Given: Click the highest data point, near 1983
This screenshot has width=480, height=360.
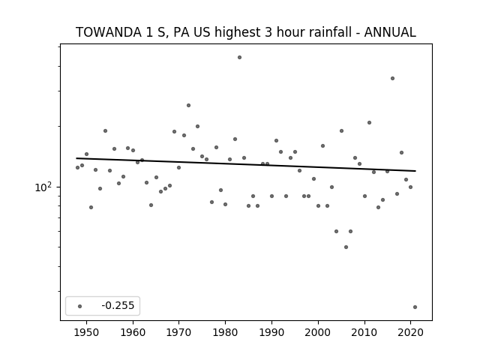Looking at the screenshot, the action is (239, 57).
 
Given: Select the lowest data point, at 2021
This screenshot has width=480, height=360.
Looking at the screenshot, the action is (415, 307).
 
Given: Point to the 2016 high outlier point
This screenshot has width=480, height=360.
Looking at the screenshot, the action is (392, 78).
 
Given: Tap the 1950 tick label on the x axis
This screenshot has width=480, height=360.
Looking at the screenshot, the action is (87, 332).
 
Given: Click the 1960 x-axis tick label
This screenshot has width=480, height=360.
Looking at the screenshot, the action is (133, 332).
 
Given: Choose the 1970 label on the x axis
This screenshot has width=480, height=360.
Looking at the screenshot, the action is (179, 332).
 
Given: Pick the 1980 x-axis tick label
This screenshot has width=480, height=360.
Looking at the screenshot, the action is (226, 332).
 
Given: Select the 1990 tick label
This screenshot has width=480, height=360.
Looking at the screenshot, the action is (271, 332).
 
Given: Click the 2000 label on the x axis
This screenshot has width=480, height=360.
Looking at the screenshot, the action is (318, 332).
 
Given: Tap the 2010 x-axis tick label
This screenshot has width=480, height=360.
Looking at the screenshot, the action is (364, 332).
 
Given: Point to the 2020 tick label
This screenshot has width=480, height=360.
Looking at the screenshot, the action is (410, 332).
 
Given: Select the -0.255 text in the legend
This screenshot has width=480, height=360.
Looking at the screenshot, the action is (118, 305).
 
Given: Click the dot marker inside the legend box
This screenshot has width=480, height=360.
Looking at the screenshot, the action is (80, 306).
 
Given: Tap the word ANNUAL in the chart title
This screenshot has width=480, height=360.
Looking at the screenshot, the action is (390, 32).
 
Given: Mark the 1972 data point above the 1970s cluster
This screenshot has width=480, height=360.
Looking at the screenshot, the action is (188, 105).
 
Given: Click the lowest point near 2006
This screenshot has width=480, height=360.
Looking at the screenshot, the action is (346, 247).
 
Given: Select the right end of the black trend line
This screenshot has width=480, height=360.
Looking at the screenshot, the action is (415, 171).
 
